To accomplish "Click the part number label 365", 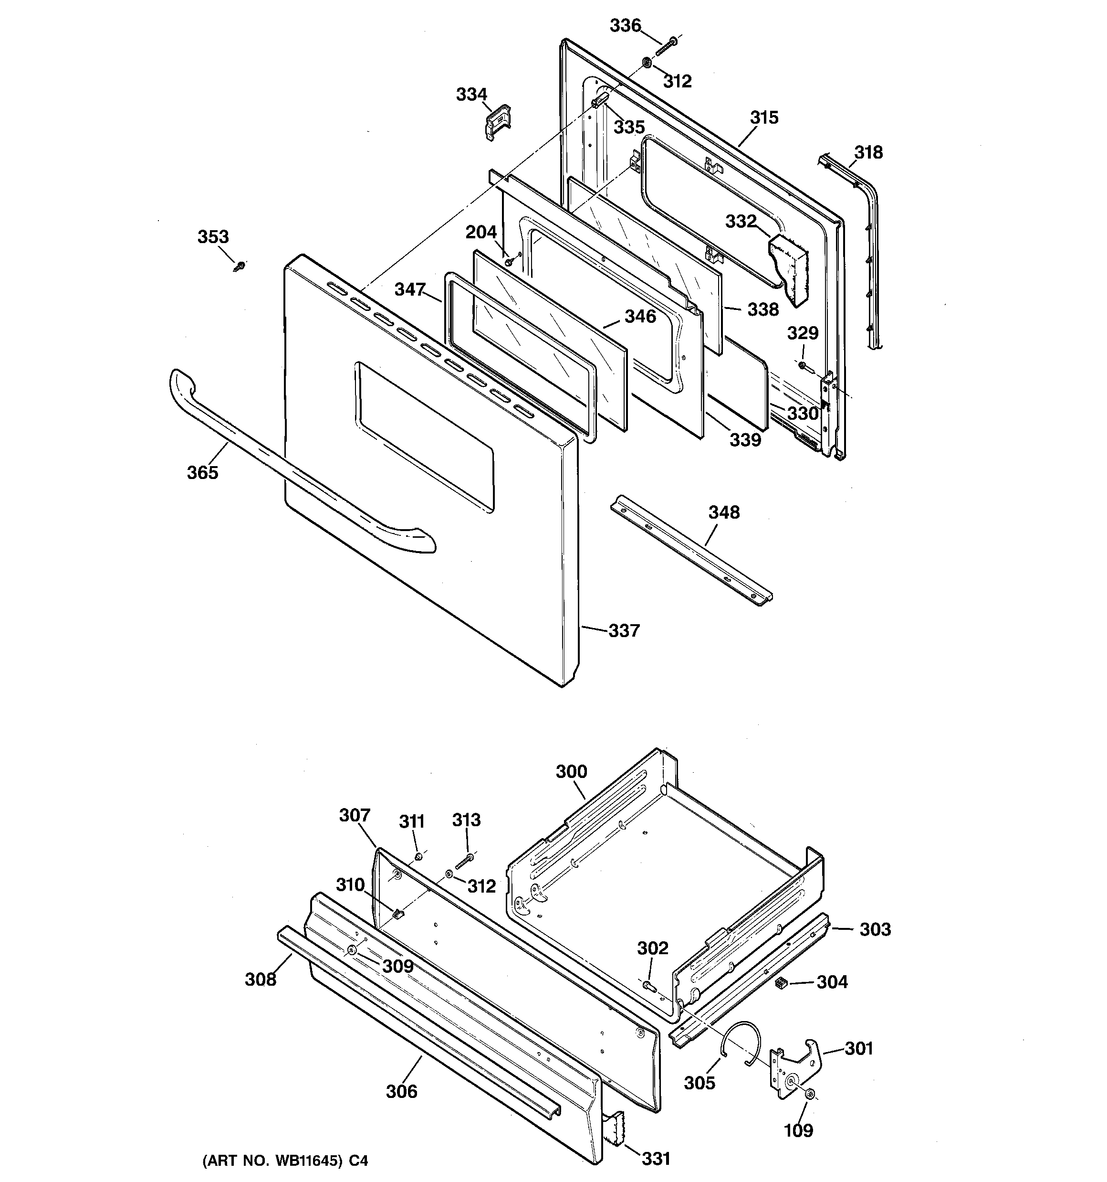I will (203, 473).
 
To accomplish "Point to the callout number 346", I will (640, 316).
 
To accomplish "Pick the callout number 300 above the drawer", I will (571, 772).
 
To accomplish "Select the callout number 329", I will (802, 333).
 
